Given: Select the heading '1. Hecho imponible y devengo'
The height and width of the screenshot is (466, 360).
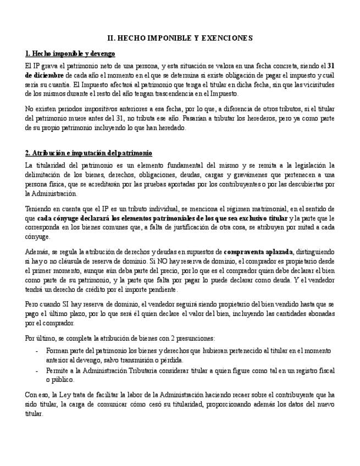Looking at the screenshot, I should coord(70,54).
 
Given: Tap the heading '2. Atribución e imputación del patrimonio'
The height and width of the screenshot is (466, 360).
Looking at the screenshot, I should coord(88,153).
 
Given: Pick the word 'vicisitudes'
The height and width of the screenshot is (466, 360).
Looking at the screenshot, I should coord(317,85).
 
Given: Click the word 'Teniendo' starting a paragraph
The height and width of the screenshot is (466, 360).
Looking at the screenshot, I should coord(40,209).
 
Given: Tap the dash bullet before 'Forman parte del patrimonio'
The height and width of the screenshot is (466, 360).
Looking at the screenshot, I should coord(36,350).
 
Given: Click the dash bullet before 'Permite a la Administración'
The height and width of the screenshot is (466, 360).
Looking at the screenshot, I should coord(36,371).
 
